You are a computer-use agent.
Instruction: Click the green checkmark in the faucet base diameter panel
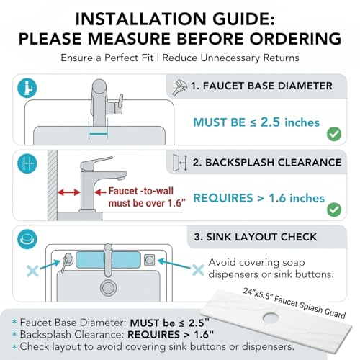(334, 134)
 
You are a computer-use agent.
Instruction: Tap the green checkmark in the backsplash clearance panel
(334, 210)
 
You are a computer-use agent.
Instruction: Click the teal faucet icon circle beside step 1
(27, 88)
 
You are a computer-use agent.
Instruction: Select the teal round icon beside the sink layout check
(27, 239)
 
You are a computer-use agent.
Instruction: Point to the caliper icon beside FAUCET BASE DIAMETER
(179, 88)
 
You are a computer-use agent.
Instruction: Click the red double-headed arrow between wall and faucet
(68, 192)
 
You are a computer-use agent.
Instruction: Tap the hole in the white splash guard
(271, 318)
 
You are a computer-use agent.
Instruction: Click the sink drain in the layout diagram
(108, 288)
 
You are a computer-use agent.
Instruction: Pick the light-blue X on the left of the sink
(32, 271)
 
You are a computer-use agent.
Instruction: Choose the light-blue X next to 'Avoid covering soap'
(198, 270)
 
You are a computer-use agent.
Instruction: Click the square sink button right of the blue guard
(149, 260)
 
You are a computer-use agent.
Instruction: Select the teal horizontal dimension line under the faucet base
(98, 135)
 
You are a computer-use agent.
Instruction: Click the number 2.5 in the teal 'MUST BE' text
(270, 122)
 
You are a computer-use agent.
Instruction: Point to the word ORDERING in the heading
(295, 39)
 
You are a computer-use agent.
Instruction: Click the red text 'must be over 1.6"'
(147, 203)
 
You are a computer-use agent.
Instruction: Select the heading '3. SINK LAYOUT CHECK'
(256, 237)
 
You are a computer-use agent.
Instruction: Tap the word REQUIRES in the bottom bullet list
(153, 335)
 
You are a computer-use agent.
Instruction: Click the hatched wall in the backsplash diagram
(53, 185)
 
